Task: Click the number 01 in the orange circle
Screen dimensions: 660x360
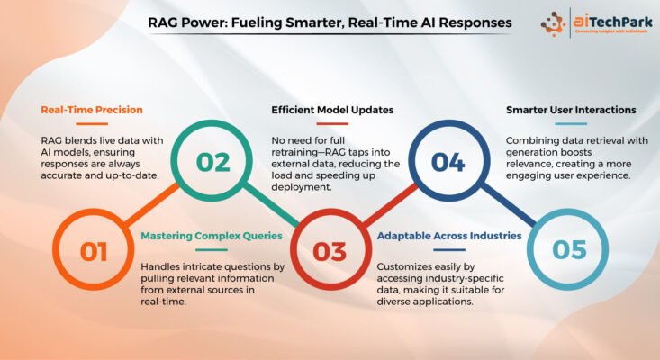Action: pos(94,251)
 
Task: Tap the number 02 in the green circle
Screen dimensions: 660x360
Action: pos(213,162)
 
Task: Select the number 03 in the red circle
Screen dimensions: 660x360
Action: pos(330,251)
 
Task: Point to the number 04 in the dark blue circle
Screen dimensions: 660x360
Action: pos(448,162)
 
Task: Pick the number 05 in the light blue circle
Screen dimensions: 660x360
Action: pos(569,249)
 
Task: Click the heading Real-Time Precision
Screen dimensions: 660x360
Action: pos(92,110)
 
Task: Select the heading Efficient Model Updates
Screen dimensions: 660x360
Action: pos(332,110)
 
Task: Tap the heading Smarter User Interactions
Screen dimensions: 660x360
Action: pos(571,110)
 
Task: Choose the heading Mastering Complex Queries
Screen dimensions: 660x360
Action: pos(212,236)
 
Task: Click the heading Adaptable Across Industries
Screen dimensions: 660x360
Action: pos(449,236)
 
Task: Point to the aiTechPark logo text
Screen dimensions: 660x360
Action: pos(613,21)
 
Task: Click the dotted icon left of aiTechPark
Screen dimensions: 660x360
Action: pos(553,24)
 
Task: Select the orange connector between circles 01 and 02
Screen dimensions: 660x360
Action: pos(151,204)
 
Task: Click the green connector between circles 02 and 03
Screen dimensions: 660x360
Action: pos(271,203)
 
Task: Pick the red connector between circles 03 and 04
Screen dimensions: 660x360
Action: pos(389,204)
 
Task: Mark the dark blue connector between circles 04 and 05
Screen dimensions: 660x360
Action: pos(508,203)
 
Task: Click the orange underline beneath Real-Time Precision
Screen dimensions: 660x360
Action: pos(92,123)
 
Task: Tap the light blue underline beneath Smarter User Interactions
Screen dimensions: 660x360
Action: pos(571,123)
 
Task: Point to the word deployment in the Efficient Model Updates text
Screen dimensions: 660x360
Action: pos(301,187)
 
